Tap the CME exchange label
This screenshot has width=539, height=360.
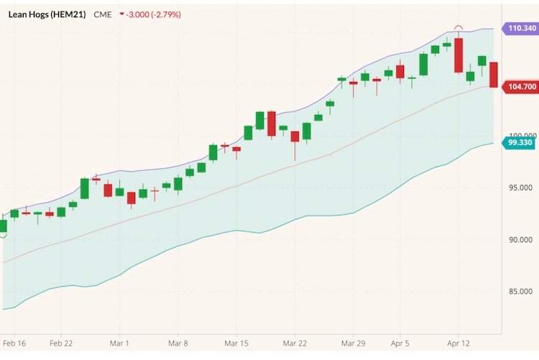103,14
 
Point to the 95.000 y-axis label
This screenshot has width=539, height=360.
520,188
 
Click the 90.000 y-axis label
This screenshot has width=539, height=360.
520,240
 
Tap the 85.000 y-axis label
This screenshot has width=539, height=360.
520,292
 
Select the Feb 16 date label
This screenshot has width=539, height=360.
14,344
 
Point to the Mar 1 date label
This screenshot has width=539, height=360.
120,344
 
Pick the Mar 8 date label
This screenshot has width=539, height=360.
177,344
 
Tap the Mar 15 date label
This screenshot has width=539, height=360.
236,344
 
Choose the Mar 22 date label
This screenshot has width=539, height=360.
295,344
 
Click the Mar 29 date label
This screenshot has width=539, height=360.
353,344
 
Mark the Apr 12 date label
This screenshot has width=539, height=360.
458,344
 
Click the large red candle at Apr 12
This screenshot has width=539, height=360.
459,55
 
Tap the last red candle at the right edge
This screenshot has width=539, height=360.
494,75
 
